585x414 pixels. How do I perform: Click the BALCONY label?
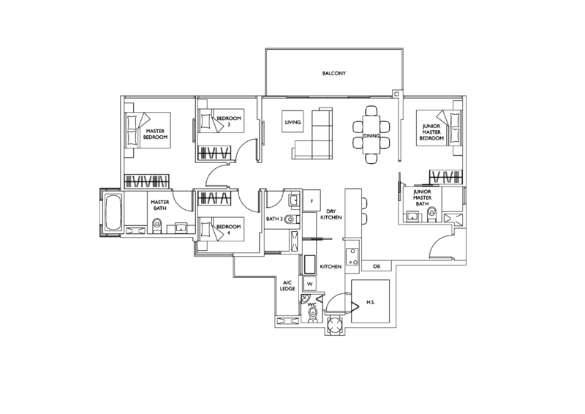tap(334, 74)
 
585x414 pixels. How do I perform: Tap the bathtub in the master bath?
tap(113, 212)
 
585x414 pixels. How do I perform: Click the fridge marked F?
tap(312, 201)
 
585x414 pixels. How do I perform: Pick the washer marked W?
tap(309, 284)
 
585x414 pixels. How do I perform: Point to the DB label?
tap(377, 266)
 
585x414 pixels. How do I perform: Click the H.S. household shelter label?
tap(371, 302)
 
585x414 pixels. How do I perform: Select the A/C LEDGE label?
tap(287, 285)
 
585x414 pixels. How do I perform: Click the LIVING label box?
tap(292, 121)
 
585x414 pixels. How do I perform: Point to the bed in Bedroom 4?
tap(221, 229)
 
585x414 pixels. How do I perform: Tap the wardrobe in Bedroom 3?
tap(214, 152)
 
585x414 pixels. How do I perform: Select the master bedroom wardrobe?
tap(147, 181)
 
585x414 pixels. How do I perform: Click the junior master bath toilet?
tap(431, 214)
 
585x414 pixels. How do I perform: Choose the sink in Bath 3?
tap(294, 200)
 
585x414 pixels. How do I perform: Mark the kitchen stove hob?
tap(352, 257)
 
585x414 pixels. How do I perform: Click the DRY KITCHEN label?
tap(331, 214)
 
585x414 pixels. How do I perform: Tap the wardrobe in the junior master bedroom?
tap(446, 177)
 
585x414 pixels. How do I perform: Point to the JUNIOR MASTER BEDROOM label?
tap(431, 132)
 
